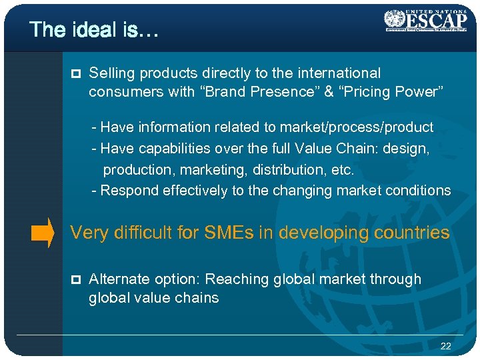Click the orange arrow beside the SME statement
43,233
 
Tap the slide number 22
446,346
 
